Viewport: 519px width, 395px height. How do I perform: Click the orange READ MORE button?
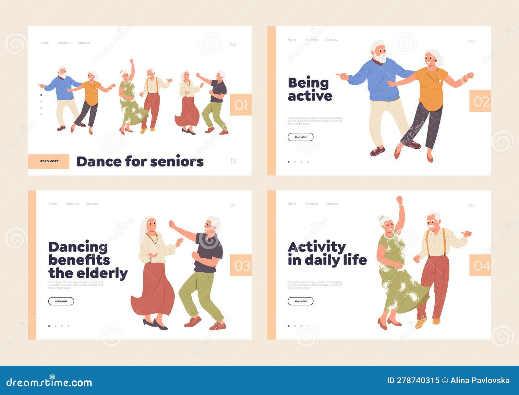[x=49, y=161]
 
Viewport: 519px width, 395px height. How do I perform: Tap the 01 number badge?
[x=241, y=105]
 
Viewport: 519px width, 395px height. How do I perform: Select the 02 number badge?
[x=480, y=101]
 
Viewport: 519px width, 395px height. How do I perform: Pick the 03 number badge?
[x=241, y=265]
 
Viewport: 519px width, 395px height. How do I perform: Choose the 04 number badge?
[x=480, y=265]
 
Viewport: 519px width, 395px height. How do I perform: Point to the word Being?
[x=308, y=83]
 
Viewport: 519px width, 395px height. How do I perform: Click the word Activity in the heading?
[x=317, y=247]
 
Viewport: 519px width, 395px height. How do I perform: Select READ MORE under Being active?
[x=300, y=137]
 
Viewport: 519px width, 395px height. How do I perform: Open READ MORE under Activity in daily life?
[x=300, y=301]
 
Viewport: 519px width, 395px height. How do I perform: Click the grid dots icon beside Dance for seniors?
[x=233, y=161]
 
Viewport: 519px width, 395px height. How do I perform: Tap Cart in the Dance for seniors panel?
[x=233, y=44]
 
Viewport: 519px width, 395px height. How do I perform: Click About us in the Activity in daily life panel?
[x=312, y=204]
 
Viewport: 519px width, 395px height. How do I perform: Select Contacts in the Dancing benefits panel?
[x=92, y=204]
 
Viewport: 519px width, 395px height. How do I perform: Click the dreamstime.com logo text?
[x=49, y=382]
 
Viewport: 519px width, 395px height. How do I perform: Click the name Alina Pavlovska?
[x=480, y=380]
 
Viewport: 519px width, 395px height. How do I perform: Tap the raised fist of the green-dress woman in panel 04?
[x=399, y=200]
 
